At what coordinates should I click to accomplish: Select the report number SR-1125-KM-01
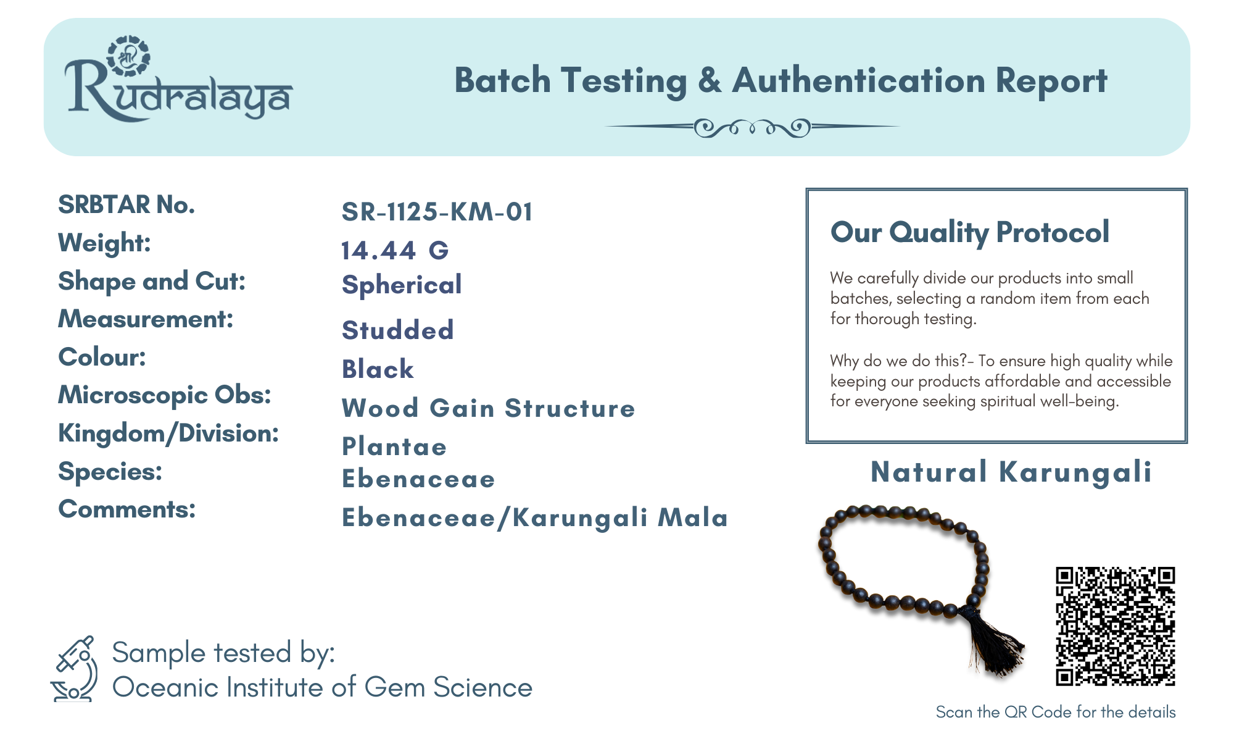tap(437, 212)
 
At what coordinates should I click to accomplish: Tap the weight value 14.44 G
tap(395, 250)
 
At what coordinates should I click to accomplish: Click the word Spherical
tap(402, 285)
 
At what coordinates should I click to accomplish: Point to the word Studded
tap(398, 330)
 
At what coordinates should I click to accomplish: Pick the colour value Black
tap(378, 369)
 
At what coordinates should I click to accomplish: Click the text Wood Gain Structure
tap(488, 408)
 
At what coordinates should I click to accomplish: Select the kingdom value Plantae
tap(394, 446)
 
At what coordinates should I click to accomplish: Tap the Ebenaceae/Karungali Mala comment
tap(535, 517)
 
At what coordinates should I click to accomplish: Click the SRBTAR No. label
tap(126, 204)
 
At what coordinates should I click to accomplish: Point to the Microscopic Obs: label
tap(165, 395)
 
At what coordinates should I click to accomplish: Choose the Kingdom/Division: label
tap(168, 433)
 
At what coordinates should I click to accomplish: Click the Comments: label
tap(126, 509)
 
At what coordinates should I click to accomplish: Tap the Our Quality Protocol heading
tap(969, 232)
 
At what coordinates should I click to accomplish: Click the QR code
tap(1115, 626)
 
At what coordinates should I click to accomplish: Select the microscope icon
tap(75, 669)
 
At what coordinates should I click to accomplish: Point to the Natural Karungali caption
tap(1011, 472)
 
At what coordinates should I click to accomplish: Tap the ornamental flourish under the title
tap(752, 128)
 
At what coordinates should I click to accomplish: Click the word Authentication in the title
tap(858, 81)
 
